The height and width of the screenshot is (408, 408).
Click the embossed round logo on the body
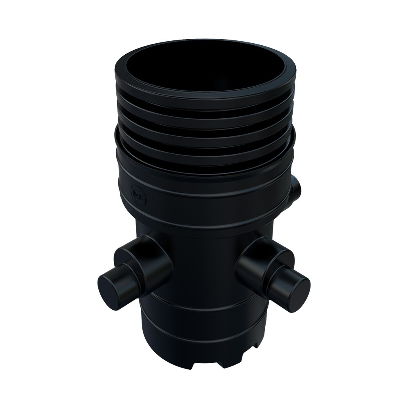click(x=135, y=191)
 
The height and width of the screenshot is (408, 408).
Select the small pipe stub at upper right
click(x=296, y=188)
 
